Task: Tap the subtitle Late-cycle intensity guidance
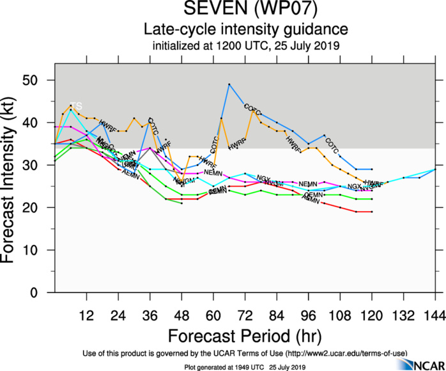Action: [x=245, y=29]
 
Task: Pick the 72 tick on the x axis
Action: [x=245, y=315]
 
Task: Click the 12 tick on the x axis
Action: [x=87, y=315]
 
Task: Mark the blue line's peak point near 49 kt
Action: [x=229, y=84]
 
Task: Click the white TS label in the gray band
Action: [x=76, y=106]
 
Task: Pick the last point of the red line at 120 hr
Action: [x=372, y=212]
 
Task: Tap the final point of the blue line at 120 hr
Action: [x=372, y=170]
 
